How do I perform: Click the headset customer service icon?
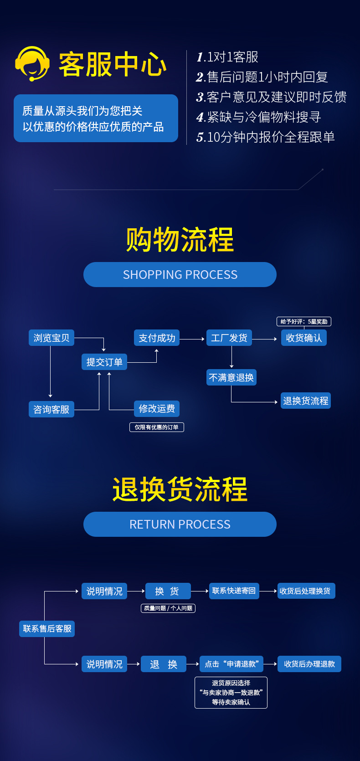tap(32, 64)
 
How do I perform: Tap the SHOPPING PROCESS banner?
tap(180, 274)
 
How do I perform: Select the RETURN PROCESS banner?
tap(180, 524)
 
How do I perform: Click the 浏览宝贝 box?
tap(51, 338)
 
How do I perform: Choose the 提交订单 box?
tap(104, 362)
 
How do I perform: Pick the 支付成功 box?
tap(157, 338)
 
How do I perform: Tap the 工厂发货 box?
tap(229, 338)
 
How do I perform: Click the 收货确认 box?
tap(304, 338)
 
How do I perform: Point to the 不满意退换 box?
tap(231, 377)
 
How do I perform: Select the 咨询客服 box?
tap(51, 409)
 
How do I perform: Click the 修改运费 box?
tap(157, 408)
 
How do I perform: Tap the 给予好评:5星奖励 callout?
tap(304, 321)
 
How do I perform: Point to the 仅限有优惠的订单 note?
tap(157, 427)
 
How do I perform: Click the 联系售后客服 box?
tap(47, 628)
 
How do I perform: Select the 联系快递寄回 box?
tap(234, 591)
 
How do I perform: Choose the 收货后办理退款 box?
tap(309, 664)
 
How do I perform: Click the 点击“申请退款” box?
tap(231, 664)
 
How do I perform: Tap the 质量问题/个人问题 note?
tap(168, 608)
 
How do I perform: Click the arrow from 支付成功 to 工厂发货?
tap(193, 339)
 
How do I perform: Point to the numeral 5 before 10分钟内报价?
tap(200, 137)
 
